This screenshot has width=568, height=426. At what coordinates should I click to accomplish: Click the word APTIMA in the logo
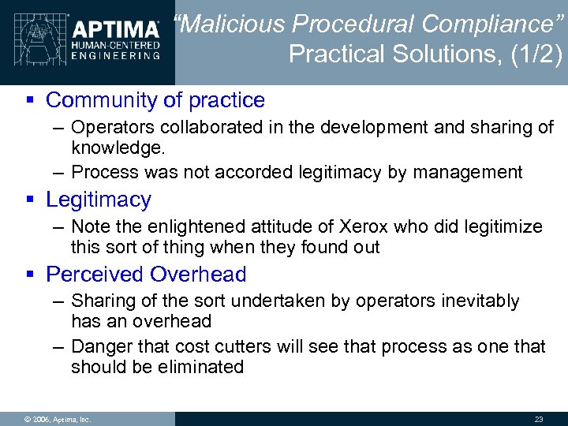pos(116,30)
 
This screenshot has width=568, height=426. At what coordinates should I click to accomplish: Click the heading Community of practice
pos(155,100)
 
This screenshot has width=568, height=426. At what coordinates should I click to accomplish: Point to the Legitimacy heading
pos(98,200)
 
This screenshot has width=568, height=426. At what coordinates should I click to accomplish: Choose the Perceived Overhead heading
pos(146,275)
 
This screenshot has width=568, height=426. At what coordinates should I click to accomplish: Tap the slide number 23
pos(540,419)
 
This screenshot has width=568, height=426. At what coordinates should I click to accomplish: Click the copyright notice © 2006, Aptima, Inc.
pos(58,419)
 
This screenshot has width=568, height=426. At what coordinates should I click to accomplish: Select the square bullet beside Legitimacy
pos(28,200)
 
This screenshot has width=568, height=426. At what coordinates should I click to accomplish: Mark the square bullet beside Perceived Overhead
pos(28,275)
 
